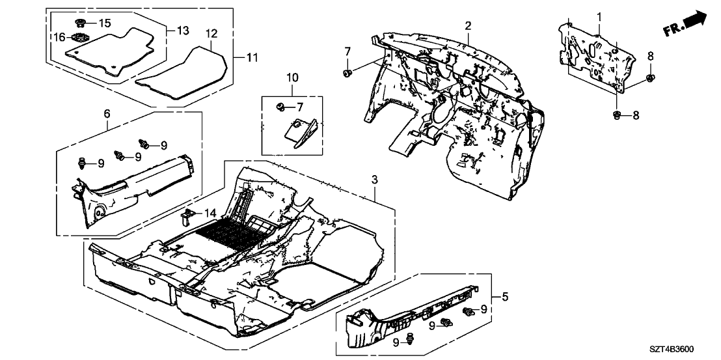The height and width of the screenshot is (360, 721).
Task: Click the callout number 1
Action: [x=599, y=16]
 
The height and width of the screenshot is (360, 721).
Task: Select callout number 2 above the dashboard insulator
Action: [x=467, y=25]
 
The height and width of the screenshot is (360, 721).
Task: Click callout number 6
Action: [x=107, y=114]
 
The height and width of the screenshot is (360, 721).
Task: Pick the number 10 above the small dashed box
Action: [x=292, y=79]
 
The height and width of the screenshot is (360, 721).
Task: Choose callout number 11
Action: [x=252, y=58]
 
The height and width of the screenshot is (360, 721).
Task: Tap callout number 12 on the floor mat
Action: [x=211, y=33]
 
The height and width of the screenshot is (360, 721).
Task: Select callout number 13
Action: [x=182, y=31]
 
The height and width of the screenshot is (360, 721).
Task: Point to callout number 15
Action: [x=104, y=23]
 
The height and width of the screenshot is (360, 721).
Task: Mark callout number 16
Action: [x=61, y=38]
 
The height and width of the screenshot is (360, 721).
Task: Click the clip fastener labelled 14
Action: [x=188, y=215]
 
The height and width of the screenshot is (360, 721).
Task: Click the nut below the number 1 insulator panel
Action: [x=616, y=116]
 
